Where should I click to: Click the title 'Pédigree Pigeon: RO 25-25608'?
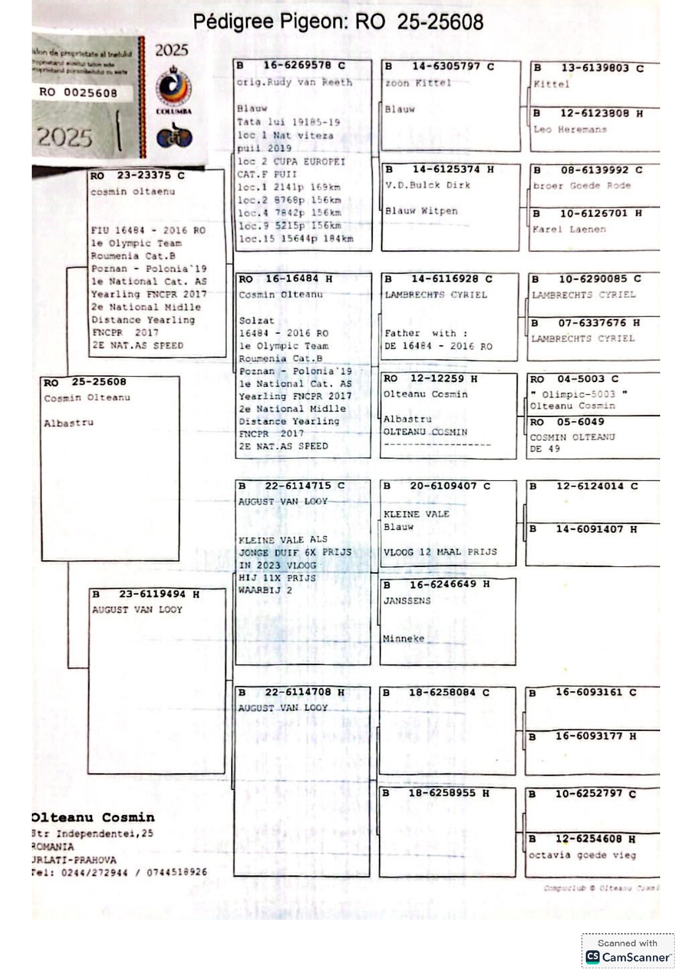pos(338,22)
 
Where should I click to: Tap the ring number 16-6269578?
pos(297,65)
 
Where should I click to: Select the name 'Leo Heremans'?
pos(570,130)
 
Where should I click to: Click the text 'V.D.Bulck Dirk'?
pos(427,185)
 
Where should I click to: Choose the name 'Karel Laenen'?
pos(569,230)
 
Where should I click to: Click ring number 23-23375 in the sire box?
pos(143,175)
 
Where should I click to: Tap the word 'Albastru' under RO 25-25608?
pos(69,423)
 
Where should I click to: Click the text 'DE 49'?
pos(545,449)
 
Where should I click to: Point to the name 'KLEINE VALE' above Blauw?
pos(416,514)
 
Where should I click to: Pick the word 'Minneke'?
pos(403,639)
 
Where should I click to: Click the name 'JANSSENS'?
pos(407,601)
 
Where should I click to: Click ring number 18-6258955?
pos(442,793)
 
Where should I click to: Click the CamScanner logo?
pos(628,957)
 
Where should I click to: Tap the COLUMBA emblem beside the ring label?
pos(174,89)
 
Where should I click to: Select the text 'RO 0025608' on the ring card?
pos(78,93)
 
